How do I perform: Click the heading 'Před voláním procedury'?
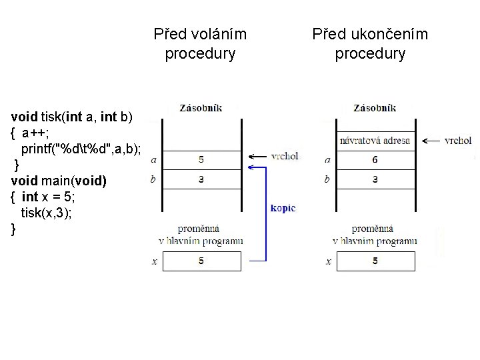(200, 43)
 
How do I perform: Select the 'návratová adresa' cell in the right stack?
(375, 141)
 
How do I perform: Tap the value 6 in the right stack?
(375, 160)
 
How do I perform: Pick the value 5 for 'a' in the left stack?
(201, 160)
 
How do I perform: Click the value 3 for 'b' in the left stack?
(201, 179)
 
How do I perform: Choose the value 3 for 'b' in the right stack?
(375, 179)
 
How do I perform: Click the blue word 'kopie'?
(283, 208)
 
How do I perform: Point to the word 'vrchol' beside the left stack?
(285, 156)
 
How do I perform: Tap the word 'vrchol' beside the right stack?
(458, 141)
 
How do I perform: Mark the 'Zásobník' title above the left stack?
(201, 107)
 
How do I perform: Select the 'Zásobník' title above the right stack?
(375, 107)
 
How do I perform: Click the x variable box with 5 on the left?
(201, 261)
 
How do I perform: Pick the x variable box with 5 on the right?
(375, 261)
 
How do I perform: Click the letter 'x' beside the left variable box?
(155, 262)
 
